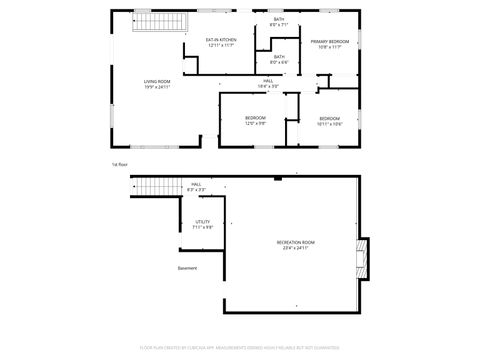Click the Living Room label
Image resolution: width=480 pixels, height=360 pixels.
157,81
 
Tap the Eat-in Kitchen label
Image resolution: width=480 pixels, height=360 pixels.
221,40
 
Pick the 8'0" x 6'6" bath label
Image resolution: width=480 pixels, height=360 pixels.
279,58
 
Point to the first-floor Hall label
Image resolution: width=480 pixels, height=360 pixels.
268,81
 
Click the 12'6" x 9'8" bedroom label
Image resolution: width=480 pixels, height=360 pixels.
255,120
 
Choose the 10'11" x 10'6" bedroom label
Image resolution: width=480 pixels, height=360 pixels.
330,120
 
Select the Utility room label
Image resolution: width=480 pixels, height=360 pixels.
203,222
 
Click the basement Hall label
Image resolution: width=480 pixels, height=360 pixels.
197,185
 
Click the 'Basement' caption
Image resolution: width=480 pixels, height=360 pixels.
188,268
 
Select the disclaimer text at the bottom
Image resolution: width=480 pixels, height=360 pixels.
240,347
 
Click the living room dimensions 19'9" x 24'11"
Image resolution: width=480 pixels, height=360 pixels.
157,87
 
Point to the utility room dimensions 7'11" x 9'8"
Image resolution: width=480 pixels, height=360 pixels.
203,228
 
